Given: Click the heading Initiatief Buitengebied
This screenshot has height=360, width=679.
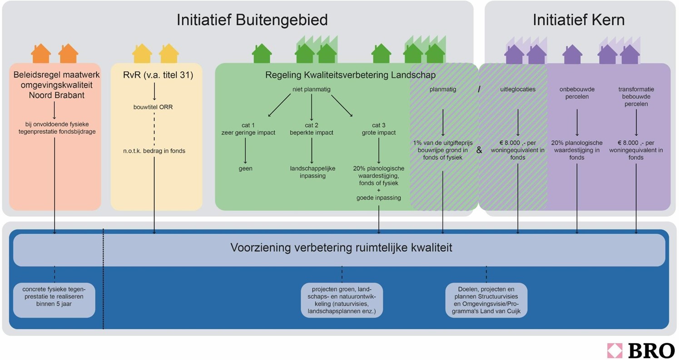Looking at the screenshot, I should tap(252, 20).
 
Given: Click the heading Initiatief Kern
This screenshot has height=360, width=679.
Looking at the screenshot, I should tap(578, 20).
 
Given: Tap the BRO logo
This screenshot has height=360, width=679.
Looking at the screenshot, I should tap(640, 350).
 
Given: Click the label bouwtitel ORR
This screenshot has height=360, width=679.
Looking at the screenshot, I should tap(154, 107).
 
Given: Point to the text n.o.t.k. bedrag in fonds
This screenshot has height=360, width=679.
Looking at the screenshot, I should tap(154, 151).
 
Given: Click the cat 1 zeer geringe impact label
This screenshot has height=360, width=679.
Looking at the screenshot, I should tap(248, 129).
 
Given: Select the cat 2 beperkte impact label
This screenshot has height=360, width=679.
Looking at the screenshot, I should tap(312, 129).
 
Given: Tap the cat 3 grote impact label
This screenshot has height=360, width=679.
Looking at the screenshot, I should tap(378, 129).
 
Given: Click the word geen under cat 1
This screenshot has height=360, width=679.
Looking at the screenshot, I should tap(245, 168).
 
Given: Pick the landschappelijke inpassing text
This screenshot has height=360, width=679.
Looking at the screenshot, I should tap(312, 172).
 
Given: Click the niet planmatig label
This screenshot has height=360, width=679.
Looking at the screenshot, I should tap(312, 89).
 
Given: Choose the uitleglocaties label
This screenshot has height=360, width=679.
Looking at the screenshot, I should tap(518, 89).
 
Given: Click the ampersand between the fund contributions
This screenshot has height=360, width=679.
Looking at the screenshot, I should tap(479, 150).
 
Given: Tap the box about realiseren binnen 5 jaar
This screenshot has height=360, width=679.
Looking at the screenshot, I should tap(54, 300).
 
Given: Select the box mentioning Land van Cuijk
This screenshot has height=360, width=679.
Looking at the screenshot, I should tap(486, 300).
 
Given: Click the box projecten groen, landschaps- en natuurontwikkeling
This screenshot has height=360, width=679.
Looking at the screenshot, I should tap(342, 300).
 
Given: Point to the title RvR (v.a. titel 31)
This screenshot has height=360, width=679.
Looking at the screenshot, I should tap(158, 75).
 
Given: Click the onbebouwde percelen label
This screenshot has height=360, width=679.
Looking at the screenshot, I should tap(577, 93).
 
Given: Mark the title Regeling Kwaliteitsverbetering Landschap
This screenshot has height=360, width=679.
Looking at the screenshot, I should tap(350, 75).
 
